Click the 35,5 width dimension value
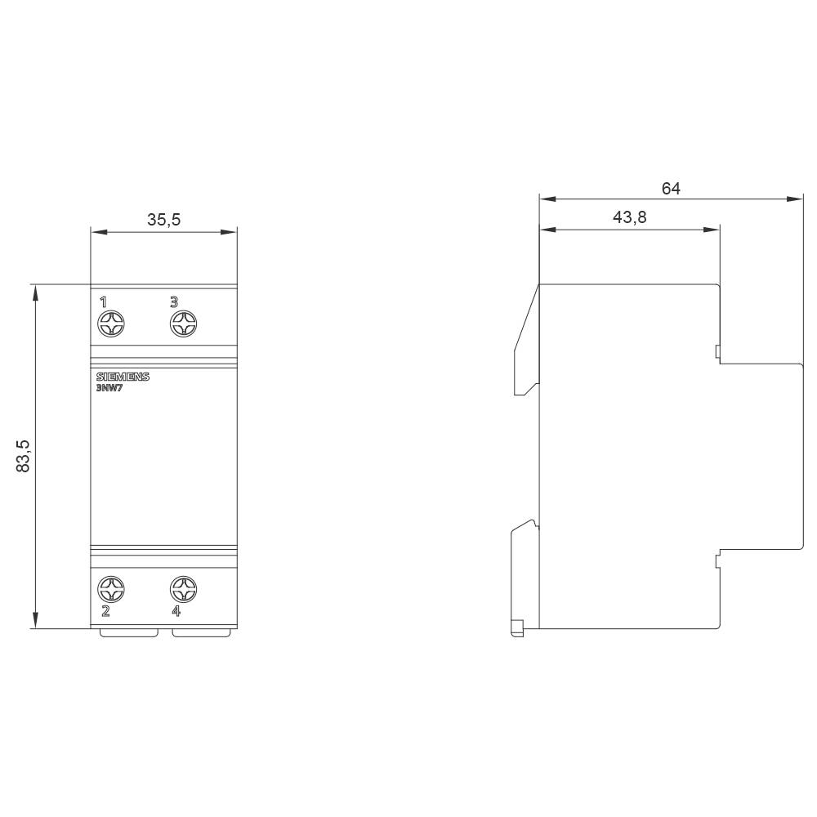pos(163,219)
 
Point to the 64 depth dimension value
pos(671,188)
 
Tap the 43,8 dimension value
pos(629,217)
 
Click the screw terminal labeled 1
pos(111,324)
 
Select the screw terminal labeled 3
pos(184,324)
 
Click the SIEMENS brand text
pos(123,377)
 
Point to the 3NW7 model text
pos(109,389)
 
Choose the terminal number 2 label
pos(105,610)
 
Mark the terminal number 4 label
pos(176,610)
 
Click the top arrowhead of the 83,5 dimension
pos(34,291)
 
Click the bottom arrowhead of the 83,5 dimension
pos(34,623)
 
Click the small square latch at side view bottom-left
pos(516,628)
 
